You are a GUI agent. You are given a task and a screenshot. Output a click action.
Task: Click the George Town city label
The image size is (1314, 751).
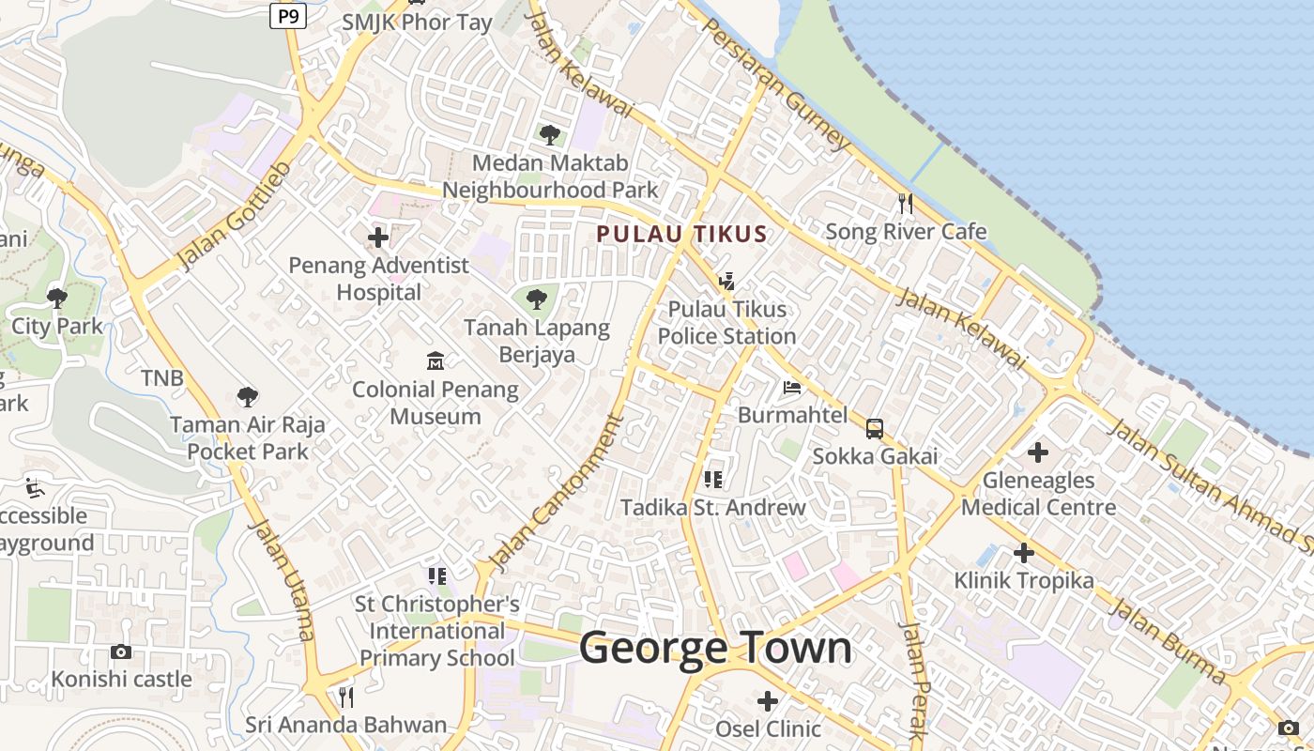715,649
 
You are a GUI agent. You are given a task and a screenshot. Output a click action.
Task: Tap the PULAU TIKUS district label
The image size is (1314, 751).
682,235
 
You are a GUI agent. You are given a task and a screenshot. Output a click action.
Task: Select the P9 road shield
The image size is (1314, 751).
288,15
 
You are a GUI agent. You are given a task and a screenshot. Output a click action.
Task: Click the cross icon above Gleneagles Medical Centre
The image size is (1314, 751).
1037,452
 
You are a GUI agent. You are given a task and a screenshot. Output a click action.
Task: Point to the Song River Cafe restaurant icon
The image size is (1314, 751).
906,204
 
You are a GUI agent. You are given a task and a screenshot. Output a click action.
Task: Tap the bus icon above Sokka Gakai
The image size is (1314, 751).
874,429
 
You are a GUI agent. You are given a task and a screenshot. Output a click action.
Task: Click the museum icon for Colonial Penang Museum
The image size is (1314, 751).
435,360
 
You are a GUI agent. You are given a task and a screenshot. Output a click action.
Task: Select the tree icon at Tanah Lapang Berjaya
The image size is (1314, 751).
537,299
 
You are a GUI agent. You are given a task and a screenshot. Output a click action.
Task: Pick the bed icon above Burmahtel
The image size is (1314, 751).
792,387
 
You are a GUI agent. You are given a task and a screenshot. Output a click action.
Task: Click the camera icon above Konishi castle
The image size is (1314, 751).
121,651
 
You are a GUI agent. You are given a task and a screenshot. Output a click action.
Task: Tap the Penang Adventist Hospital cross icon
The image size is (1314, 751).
378,238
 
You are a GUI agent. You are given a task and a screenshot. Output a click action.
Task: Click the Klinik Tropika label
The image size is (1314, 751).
1024,580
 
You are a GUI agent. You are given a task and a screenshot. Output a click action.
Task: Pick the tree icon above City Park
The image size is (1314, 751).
57,299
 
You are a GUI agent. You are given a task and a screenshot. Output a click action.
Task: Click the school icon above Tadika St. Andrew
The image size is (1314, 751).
713,480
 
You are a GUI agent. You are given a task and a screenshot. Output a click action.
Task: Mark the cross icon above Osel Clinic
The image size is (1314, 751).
768,700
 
